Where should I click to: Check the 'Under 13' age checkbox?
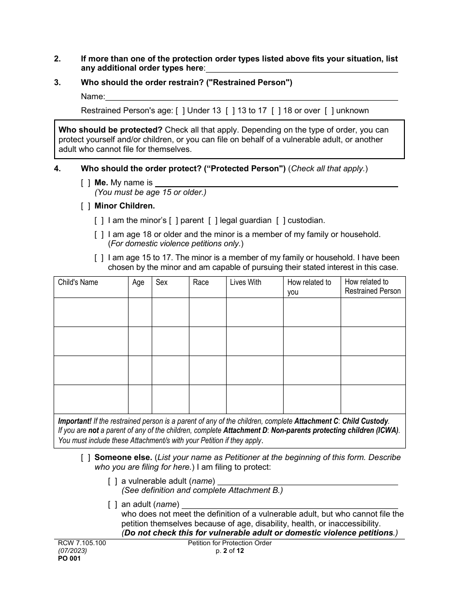[x=180, y=111]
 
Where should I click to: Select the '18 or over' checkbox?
[x=276, y=111]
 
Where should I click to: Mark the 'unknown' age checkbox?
[x=329, y=111]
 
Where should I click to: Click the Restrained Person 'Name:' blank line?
[x=251, y=97]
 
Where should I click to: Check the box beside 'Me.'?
[x=86, y=183]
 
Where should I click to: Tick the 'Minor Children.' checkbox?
[x=86, y=206]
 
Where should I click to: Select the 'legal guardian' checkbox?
[x=213, y=221]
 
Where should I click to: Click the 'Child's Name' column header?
[x=78, y=283]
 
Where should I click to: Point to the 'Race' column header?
[x=201, y=283]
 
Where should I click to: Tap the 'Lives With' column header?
[x=245, y=283]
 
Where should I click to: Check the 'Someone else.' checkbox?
[x=86, y=458]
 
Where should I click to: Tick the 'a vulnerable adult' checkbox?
[x=113, y=481]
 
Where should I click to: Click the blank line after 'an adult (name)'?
[x=290, y=505]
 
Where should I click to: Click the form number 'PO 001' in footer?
[x=69, y=558]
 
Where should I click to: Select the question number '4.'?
[x=57, y=169]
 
